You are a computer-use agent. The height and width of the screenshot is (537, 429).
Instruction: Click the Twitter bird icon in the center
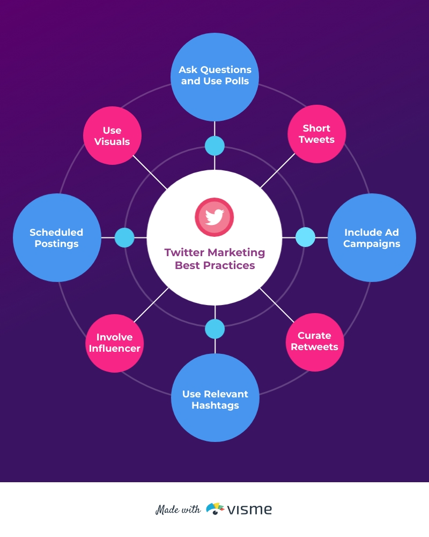(x=214, y=217)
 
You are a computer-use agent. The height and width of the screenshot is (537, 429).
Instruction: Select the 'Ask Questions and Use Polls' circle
(x=214, y=77)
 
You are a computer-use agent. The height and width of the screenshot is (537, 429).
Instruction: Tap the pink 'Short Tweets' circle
(x=316, y=134)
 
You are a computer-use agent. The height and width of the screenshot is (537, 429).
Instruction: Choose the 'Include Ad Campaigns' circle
(x=372, y=238)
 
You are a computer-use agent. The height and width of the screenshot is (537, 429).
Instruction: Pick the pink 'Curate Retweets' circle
(x=315, y=342)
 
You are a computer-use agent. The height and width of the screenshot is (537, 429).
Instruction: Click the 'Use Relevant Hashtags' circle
(x=215, y=397)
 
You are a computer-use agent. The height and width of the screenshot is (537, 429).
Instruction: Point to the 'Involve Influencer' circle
(x=114, y=343)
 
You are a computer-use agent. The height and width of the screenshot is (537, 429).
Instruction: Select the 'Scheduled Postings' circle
(x=57, y=238)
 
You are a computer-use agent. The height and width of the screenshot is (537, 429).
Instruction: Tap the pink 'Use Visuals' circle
(x=112, y=136)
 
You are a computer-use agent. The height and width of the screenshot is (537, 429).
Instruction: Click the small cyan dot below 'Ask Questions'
(x=214, y=146)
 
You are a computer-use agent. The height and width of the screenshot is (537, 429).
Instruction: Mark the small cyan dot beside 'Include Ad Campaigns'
(x=305, y=237)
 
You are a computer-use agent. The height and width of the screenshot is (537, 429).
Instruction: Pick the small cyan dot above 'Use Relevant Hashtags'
(x=215, y=329)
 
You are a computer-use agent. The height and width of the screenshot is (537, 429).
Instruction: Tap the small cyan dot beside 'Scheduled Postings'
(x=124, y=238)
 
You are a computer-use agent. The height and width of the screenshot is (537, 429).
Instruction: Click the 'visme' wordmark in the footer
(x=250, y=510)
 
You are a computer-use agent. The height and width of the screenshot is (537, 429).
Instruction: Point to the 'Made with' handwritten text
(x=178, y=510)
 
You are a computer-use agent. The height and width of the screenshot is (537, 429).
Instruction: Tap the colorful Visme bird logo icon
(x=215, y=509)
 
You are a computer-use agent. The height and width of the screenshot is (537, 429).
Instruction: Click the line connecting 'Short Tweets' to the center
(x=278, y=171)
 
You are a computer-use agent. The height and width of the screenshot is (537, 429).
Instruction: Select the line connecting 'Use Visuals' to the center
(x=150, y=172)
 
